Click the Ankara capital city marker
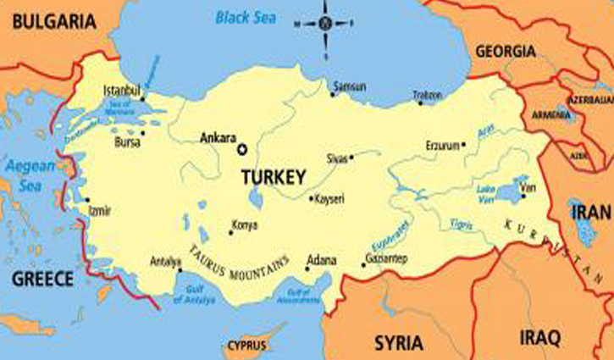coord(242,150)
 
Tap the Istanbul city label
coord(119,89)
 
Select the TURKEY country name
coord(273,177)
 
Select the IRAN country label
coord(589,212)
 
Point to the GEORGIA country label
coord(506,51)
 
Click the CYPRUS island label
coord(246,346)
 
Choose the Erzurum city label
coord(441,146)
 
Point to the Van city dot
coord(523,197)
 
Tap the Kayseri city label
coord(330,199)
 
